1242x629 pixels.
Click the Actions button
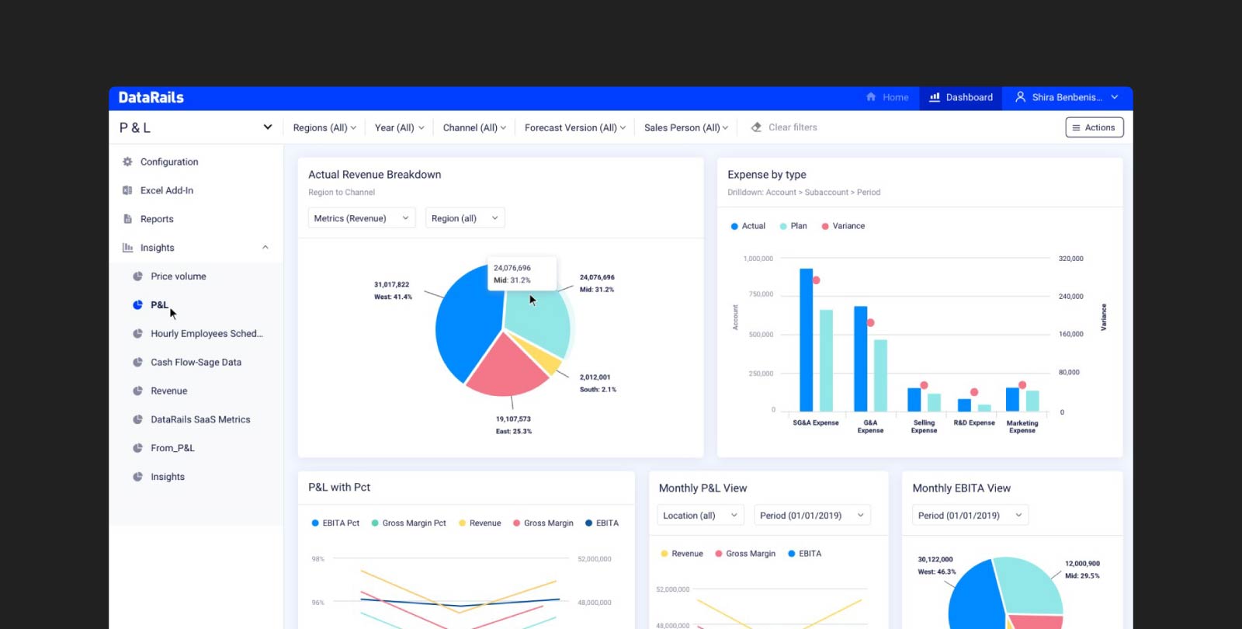pos(1094,127)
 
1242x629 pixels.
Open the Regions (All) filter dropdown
pos(324,128)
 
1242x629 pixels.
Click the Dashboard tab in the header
pos(961,98)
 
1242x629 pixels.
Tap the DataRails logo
pos(151,98)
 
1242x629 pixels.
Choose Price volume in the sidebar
pos(178,276)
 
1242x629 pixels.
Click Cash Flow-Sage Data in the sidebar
pos(196,363)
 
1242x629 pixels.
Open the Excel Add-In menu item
pos(166,191)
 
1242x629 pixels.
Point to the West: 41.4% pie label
pos(393,297)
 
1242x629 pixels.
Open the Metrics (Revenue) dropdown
pos(361,218)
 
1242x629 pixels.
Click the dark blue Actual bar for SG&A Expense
pos(806,342)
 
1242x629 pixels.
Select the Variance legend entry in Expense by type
pos(848,226)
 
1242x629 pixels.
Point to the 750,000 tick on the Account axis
pos(761,294)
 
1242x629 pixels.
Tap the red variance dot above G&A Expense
pos(871,322)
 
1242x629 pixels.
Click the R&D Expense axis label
pos(973,423)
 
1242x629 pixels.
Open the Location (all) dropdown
pos(699,516)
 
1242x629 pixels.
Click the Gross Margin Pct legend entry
pos(413,523)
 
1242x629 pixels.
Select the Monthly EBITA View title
pos(961,488)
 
